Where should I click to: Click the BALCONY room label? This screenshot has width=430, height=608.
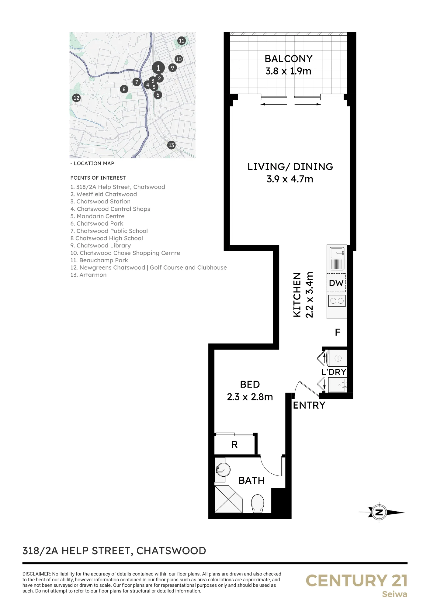(289, 59)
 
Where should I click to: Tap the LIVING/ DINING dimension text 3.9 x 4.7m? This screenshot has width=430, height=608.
(290, 179)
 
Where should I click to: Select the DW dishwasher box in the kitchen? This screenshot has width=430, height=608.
(337, 283)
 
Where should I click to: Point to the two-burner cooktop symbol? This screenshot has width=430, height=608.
(337, 301)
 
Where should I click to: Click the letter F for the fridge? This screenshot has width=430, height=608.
(338, 332)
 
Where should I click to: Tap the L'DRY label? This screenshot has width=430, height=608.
(334, 372)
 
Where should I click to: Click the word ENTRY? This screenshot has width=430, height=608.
(309, 405)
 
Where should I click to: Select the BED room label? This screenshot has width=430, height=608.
(250, 385)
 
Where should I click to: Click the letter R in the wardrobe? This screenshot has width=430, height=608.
(234, 445)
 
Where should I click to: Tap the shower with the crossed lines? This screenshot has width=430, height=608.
(228, 499)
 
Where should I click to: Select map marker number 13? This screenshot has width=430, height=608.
(172, 145)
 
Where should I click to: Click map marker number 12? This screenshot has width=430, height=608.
(76, 98)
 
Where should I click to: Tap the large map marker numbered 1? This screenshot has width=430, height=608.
(158, 68)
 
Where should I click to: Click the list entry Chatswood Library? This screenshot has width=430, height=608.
(101, 246)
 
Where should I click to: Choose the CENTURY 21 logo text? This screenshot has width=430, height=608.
(356, 581)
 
